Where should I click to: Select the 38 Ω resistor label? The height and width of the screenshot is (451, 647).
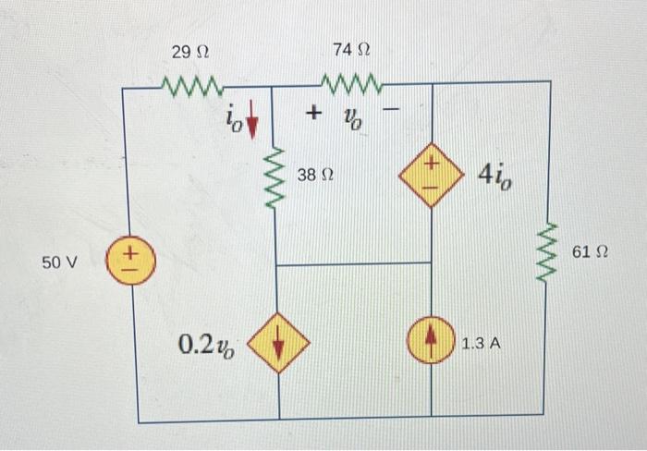pyautogui.click(x=314, y=174)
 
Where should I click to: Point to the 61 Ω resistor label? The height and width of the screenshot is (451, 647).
pyautogui.click(x=592, y=250)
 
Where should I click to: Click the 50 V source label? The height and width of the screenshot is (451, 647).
pyautogui.click(x=62, y=262)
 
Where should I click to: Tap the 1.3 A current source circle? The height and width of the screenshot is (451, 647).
pyautogui.click(x=432, y=343)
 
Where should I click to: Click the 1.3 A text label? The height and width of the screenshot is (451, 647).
pyautogui.click(x=481, y=344)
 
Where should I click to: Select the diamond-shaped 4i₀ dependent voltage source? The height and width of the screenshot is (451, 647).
pyautogui.click(x=432, y=173)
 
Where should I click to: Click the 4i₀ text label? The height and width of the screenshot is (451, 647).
pyautogui.click(x=495, y=174)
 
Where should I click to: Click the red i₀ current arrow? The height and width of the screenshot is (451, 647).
pyautogui.click(x=250, y=119)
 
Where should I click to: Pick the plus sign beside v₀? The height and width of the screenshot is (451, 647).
pyautogui.click(x=315, y=114)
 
